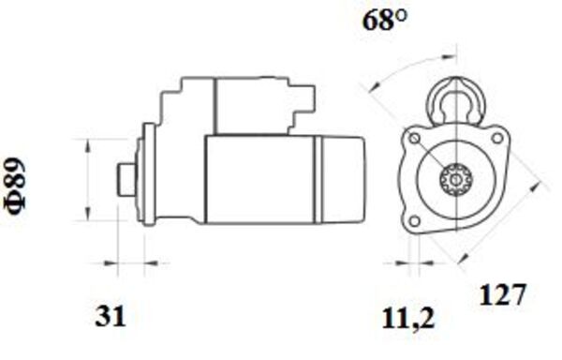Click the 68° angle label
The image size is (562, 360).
tap(385, 21)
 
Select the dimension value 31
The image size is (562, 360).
tap(110, 317)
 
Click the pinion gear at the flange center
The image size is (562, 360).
tap(455, 178)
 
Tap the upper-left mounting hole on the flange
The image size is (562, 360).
tap(414, 140)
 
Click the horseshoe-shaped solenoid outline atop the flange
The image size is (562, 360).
tap(455, 99)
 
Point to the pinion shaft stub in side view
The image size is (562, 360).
tap(126, 178)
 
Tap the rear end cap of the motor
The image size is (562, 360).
tap(343, 178)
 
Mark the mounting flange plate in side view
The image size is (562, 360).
tap(145, 175)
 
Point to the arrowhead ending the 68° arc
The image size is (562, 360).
tap(372, 90)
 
